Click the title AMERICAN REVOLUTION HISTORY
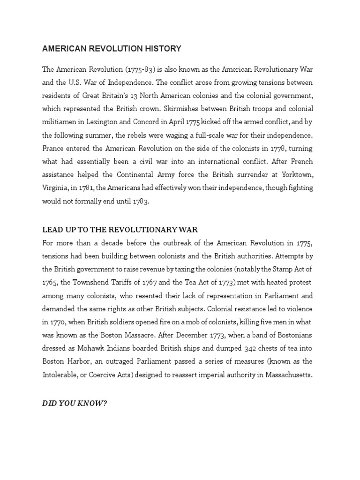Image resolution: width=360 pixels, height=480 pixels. click(x=112, y=49)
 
